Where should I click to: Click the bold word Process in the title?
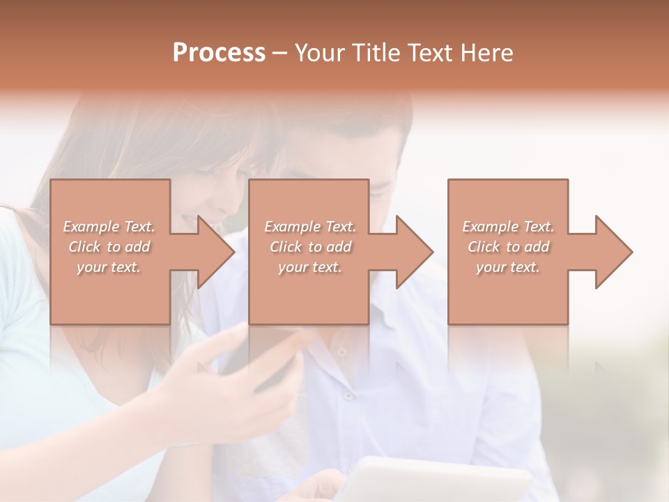(219, 53)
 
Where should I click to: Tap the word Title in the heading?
(374, 53)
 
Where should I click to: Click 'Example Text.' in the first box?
(109, 227)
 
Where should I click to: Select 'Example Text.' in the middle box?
(310, 227)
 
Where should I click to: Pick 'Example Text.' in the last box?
(508, 227)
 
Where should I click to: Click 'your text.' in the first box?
(109, 267)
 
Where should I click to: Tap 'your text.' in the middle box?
(309, 267)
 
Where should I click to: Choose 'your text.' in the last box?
(507, 267)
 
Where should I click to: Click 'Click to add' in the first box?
(109, 247)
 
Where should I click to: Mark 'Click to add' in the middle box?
(310, 247)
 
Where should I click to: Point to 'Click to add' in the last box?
(508, 247)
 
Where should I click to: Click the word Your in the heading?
(320, 53)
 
